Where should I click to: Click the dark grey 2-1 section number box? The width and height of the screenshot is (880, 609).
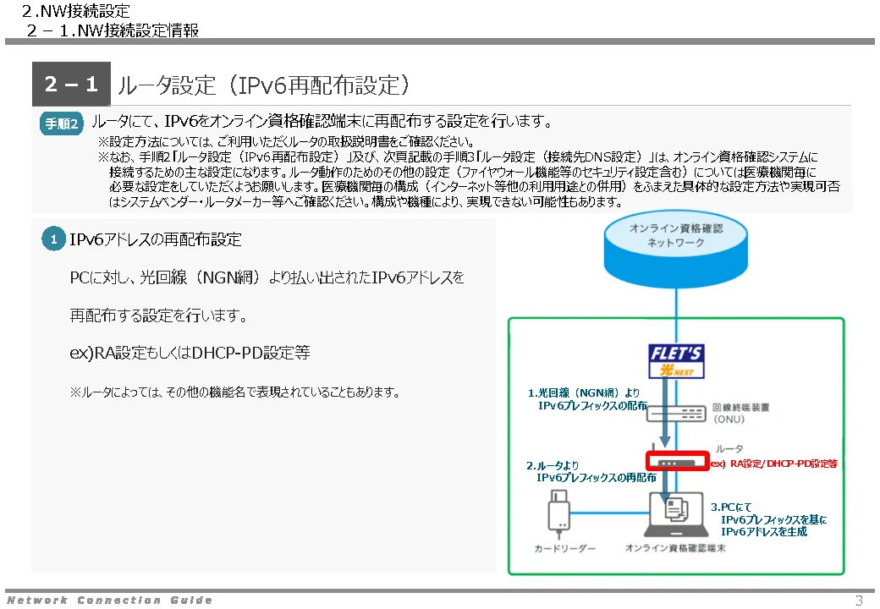71,85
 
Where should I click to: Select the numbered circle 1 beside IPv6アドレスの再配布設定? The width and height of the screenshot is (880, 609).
53,240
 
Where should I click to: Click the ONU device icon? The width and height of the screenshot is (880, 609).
676,412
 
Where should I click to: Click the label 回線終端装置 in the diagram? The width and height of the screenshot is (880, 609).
741,407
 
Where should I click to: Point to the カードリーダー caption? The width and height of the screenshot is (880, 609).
564,549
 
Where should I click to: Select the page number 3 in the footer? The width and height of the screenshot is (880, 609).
859,601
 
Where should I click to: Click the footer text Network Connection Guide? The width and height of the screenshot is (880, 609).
109,601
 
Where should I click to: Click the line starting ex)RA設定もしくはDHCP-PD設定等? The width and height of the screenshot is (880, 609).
190,353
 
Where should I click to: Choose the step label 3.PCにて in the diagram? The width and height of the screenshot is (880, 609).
732,507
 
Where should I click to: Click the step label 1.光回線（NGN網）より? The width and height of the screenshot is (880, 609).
584,392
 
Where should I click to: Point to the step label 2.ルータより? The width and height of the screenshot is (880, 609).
554,465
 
